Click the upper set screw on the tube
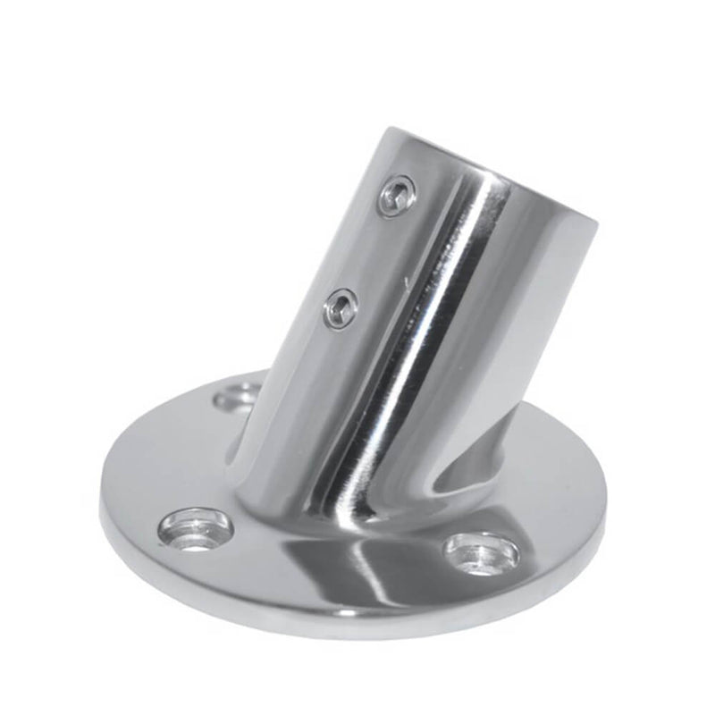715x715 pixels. click(396, 196)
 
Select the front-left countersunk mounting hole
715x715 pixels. click(196, 529)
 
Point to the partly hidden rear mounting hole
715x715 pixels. click(238, 395)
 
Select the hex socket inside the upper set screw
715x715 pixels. click(397, 195)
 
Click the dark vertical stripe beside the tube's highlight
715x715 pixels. click(420, 357)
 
